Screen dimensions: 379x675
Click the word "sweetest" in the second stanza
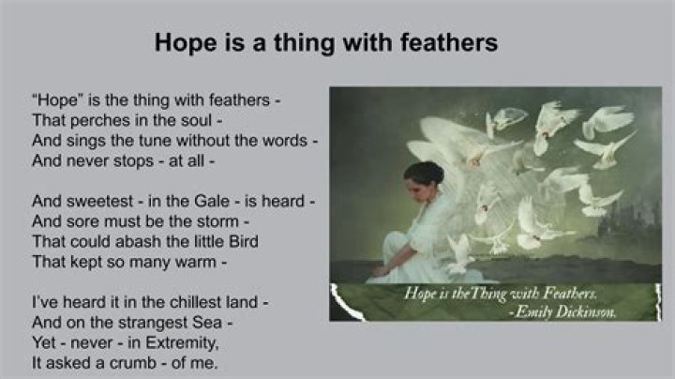pyautogui.click(x=100, y=201)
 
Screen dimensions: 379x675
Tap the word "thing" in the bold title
pyautogui.click(x=298, y=44)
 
